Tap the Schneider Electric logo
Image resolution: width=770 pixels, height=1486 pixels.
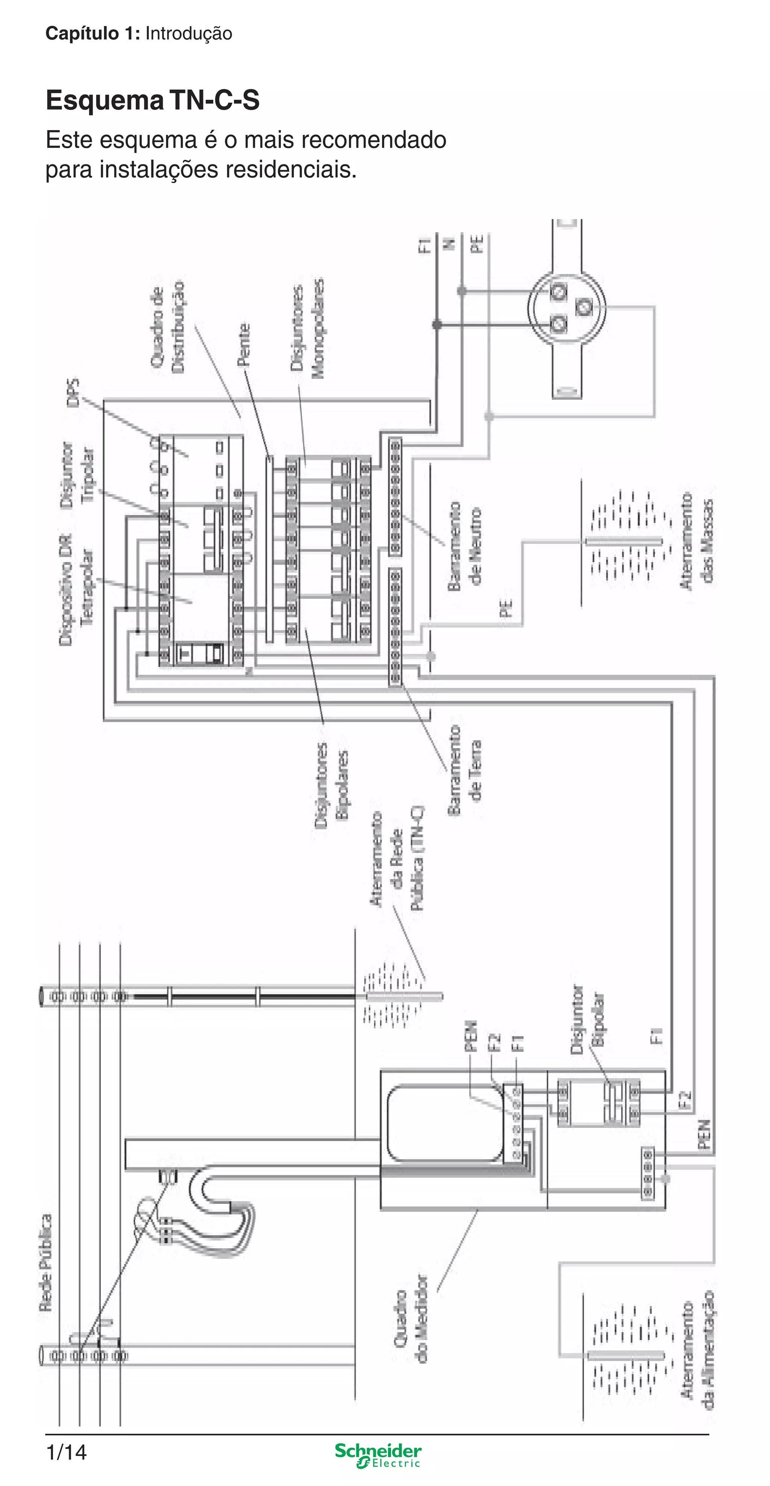coord(378,1456)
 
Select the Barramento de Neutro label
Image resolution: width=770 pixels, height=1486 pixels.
coord(465,546)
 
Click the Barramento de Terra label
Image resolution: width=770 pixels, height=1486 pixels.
coord(465,770)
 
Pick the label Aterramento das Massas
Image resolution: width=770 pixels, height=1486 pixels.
coord(697,540)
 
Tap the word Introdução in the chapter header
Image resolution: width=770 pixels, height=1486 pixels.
coord(189,33)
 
